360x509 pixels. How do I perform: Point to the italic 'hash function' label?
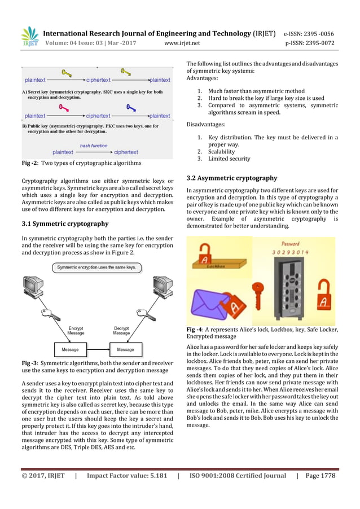pyautogui.click(x=93, y=146)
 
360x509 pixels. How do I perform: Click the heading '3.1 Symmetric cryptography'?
pyautogui.click(x=60, y=223)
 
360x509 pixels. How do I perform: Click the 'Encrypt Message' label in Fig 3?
pyautogui.click(x=76, y=331)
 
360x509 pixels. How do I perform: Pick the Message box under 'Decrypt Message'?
pyautogui.click(x=122, y=349)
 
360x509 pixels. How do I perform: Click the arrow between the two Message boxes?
pyautogui.click(x=96, y=349)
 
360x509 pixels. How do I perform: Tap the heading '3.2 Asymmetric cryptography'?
pyautogui.click(x=231, y=178)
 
